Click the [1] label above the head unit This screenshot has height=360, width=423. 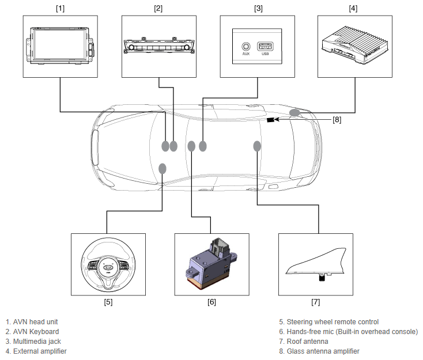pos(60,9)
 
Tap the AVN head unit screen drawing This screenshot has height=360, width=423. pos(59,46)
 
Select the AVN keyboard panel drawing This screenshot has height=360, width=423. pos(159,46)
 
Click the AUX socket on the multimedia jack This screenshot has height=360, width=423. pos(246,47)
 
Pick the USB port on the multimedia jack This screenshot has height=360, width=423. pos(265,47)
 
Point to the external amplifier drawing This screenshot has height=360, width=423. pos(355,45)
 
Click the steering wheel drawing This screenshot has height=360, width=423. pos(108,264)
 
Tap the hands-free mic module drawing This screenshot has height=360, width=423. pos(211,263)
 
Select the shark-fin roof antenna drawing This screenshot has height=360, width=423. pos(316,264)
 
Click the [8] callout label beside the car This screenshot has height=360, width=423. pos(337,119)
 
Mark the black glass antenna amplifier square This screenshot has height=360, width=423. pos(270,120)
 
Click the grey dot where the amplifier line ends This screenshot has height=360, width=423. pos(294,113)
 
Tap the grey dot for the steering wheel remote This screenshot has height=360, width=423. pos(162,169)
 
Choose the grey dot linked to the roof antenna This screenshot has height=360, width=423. pos(257,146)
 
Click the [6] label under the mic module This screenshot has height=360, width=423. pos(211,302)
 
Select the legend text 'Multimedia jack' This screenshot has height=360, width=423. pos(37,342)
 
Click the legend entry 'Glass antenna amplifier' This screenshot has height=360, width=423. pos(323,351)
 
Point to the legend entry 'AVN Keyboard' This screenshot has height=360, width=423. pos(36,331)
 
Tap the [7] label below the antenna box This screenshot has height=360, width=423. pos(316,302)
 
